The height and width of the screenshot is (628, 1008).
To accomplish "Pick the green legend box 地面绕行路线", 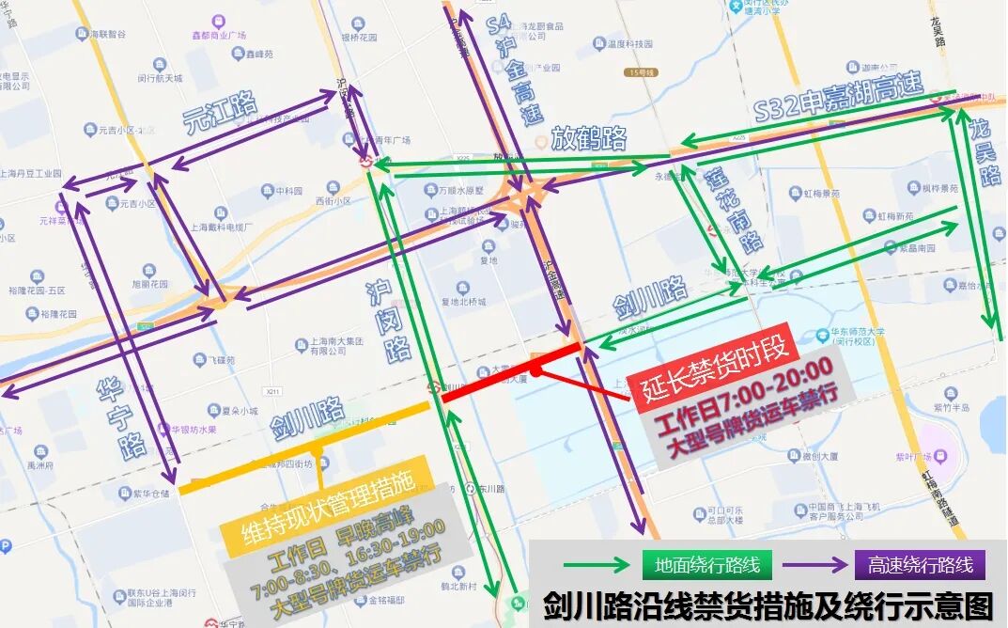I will point(707,565).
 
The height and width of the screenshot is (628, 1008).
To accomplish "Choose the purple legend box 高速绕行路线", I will point(920,565).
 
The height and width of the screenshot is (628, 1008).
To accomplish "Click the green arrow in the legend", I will point(595,565).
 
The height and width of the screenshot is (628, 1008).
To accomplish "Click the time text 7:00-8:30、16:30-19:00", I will point(348,558).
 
